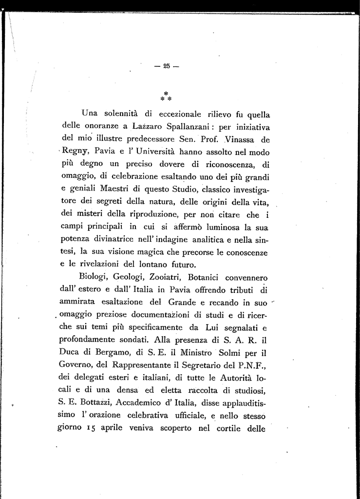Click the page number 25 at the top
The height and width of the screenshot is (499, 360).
167,67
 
